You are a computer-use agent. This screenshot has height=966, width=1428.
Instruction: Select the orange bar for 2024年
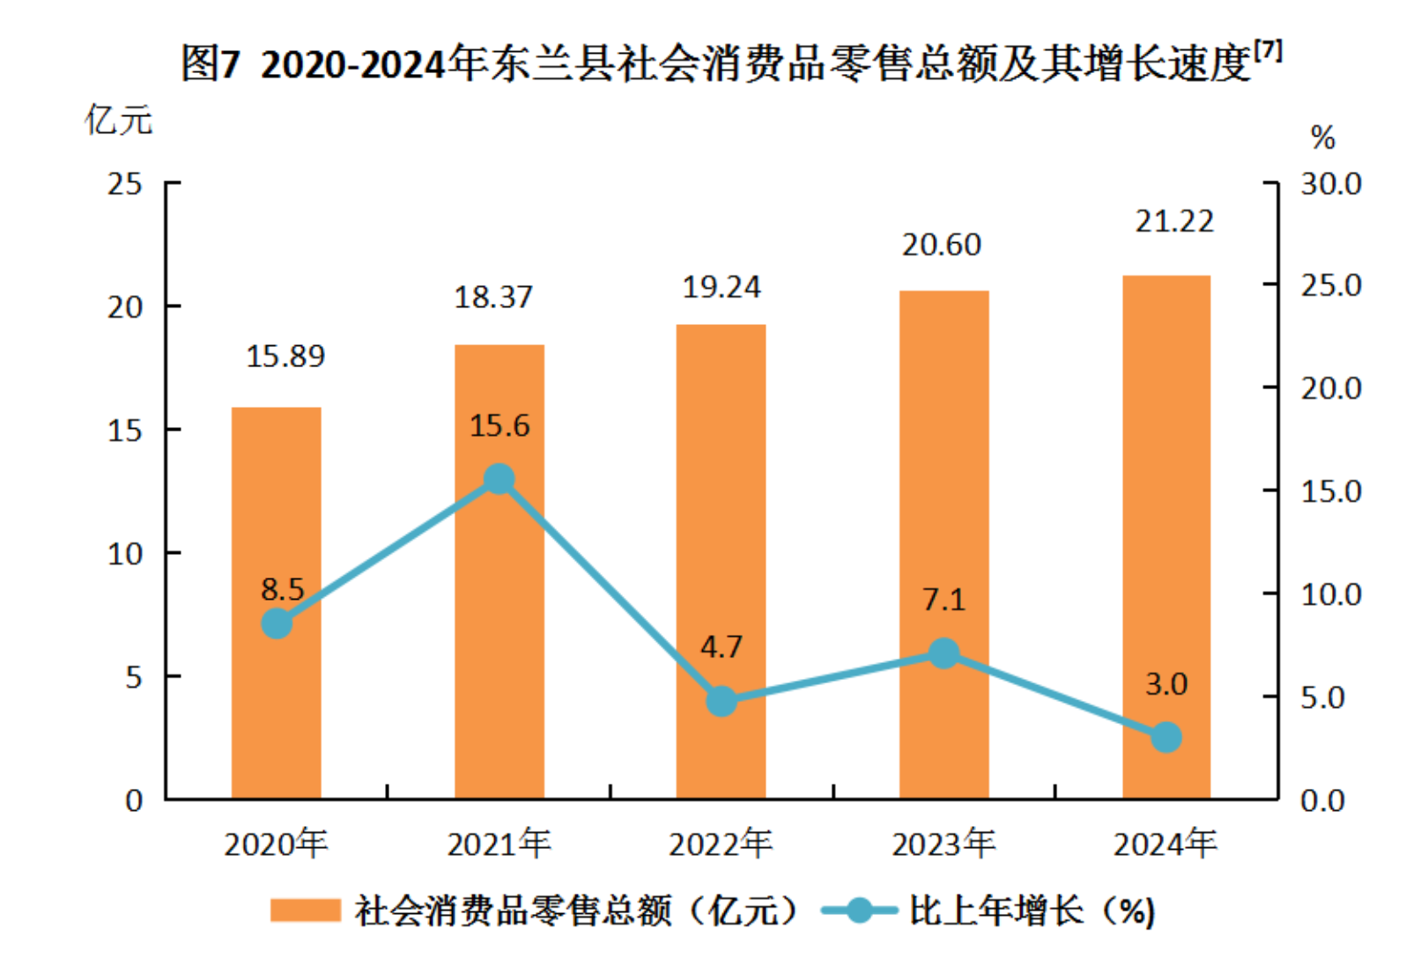coord(1165,537)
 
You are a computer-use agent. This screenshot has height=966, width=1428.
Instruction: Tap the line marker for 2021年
coord(499,480)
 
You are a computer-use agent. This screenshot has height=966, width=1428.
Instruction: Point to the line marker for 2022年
coord(721,702)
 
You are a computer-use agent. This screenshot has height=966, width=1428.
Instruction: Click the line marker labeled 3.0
coord(1165,737)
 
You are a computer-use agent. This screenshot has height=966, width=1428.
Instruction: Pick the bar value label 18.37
coord(493,298)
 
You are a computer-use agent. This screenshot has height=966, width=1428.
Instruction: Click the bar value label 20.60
coord(941,245)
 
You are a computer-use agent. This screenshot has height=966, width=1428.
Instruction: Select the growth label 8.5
coord(282,589)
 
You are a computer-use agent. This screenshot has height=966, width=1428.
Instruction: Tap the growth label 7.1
coord(943,600)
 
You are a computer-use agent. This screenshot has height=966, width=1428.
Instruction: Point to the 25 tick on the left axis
coord(125,184)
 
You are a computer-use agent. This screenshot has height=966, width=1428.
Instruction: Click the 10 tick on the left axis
coord(125,554)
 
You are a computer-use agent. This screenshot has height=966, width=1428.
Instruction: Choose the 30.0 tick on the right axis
coord(1331,184)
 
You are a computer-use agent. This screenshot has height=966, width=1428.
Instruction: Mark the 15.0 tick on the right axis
coord(1331,491)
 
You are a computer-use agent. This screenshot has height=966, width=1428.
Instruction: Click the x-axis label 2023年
coord(943,844)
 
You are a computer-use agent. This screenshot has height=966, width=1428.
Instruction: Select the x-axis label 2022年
coord(721,844)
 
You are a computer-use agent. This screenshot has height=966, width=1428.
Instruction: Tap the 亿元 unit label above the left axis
coord(119,120)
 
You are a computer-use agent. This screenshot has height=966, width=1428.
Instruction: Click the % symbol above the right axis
coord(1322,138)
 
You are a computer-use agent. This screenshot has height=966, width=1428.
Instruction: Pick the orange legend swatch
coord(305,911)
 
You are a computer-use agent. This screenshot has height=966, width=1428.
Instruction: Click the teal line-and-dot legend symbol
coord(858,911)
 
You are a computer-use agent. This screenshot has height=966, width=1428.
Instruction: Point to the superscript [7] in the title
coord(1268,49)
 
